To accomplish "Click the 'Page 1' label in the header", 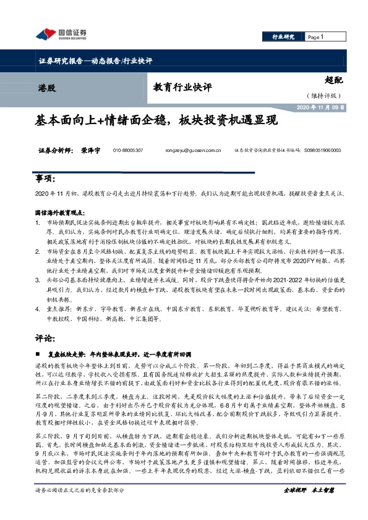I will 316,38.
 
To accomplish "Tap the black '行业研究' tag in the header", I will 283,38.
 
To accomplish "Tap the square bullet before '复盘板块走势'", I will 39,354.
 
